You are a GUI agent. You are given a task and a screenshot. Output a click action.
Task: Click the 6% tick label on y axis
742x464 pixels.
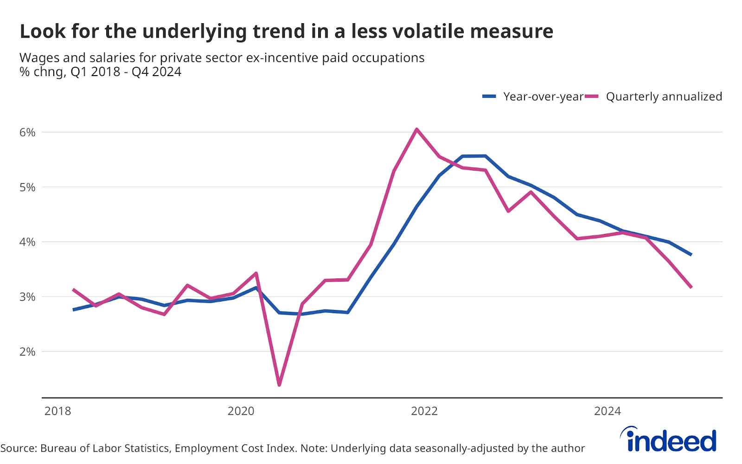[x=27, y=132]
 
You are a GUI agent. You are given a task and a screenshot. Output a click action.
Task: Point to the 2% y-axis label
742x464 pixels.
[x=27, y=352]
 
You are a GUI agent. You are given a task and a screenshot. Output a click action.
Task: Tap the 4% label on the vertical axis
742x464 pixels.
[x=27, y=242]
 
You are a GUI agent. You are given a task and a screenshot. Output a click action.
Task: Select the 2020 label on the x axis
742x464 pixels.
[x=241, y=411]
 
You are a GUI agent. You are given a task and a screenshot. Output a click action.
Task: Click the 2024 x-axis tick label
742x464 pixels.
[x=608, y=411]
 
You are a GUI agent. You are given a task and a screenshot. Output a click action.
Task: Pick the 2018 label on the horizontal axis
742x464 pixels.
[x=58, y=411]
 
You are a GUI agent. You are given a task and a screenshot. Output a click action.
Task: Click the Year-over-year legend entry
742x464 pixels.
[x=543, y=97]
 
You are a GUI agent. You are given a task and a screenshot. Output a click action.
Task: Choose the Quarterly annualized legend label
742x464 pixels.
[x=664, y=97]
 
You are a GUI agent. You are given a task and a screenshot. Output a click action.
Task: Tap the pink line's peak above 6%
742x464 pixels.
[x=416, y=129]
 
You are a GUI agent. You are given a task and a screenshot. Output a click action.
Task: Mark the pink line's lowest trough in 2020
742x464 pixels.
[x=279, y=385]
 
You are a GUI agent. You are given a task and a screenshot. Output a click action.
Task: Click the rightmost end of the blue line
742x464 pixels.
[x=691, y=255]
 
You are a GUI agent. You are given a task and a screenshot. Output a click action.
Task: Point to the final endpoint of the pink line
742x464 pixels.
[x=691, y=287]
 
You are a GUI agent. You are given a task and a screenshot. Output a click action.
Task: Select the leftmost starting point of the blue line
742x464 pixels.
[x=73, y=309]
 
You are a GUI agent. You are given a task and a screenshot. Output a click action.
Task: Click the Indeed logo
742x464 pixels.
[x=669, y=439]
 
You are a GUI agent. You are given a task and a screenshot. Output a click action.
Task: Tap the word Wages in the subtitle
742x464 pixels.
[x=39, y=58]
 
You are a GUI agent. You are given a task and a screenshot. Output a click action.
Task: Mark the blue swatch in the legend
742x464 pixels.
[x=489, y=97]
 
